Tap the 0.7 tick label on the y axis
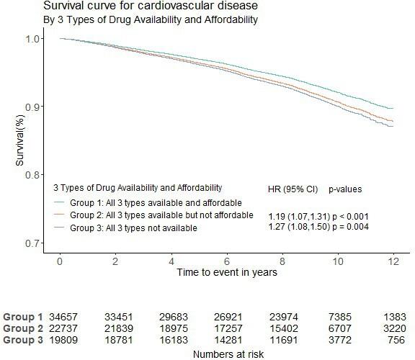point(33,243)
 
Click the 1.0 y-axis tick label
point(33,38)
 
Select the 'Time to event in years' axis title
point(228,272)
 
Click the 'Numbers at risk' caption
point(228,354)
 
